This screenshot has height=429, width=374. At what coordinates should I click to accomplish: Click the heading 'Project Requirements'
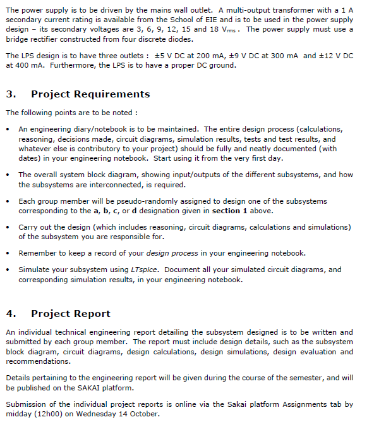pos(90,94)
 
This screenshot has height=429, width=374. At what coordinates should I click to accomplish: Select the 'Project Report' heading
pos(71,314)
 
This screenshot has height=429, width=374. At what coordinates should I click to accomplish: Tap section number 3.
pos(10,94)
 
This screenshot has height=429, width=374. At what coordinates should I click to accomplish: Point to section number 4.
pos(10,314)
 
